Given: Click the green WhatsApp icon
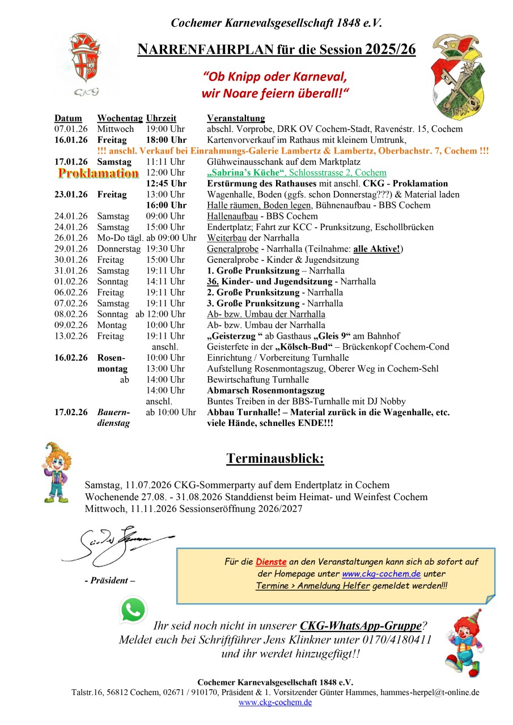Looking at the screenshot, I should tap(133, 609).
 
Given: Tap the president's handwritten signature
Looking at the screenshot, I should tap(116, 544).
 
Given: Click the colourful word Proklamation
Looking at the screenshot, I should tap(99, 173).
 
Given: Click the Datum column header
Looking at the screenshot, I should tap(68, 118).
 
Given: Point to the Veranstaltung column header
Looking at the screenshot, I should tap(236, 118).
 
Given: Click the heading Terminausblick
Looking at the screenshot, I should tap(275, 458).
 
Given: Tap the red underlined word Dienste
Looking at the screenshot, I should tap(271, 562).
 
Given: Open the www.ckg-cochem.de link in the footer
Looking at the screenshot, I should tap(275, 702).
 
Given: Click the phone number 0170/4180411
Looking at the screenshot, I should tap(396, 640).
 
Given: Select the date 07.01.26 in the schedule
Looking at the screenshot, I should tap(71, 129).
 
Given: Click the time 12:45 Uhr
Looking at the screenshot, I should tap(166, 184).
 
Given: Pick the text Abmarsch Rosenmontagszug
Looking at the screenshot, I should tap(266, 390).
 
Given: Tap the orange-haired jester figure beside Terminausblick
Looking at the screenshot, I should tap(56, 472).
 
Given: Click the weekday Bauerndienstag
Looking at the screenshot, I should tap(113, 417).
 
